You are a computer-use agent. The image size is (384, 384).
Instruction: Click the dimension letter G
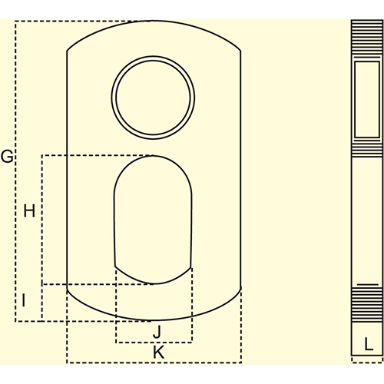point(7,156)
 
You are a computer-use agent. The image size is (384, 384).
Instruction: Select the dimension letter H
point(29,211)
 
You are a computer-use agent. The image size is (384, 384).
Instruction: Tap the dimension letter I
point(24,300)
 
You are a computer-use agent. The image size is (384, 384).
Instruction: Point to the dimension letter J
point(157,331)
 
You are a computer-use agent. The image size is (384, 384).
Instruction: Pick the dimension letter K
point(158,353)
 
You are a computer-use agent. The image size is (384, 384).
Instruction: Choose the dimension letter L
point(368,344)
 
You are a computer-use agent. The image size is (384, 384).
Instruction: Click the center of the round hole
point(153,98)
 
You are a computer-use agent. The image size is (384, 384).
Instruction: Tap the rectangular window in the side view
point(367,99)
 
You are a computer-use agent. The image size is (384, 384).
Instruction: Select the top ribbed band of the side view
point(367,38)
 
